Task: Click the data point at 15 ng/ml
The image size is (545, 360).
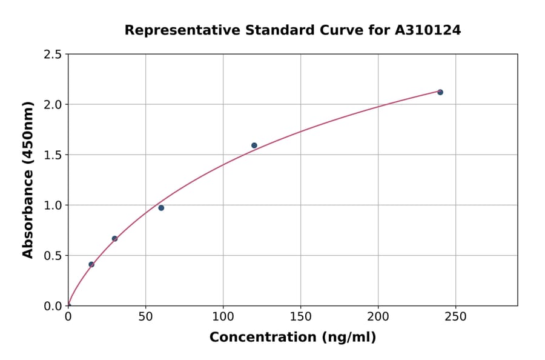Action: point(91,264)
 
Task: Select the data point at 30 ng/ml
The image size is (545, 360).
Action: point(114,239)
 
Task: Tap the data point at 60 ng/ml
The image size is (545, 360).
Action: point(161,208)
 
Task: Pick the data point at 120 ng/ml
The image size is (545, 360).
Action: point(254,145)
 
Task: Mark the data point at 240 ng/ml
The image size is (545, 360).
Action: point(440,92)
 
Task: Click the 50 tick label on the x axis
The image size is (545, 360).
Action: point(145,316)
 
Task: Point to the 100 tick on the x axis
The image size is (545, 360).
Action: point(223,316)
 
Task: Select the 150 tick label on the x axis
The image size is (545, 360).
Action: point(300,316)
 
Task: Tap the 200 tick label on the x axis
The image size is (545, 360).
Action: point(378,316)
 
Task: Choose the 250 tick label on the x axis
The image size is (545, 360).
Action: point(455,316)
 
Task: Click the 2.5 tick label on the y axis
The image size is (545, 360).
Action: point(53,55)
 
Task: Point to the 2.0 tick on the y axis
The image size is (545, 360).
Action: point(53,105)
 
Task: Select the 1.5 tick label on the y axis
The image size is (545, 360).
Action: point(53,155)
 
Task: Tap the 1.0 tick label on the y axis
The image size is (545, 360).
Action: point(53,205)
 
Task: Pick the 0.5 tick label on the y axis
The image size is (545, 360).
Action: point(53,256)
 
